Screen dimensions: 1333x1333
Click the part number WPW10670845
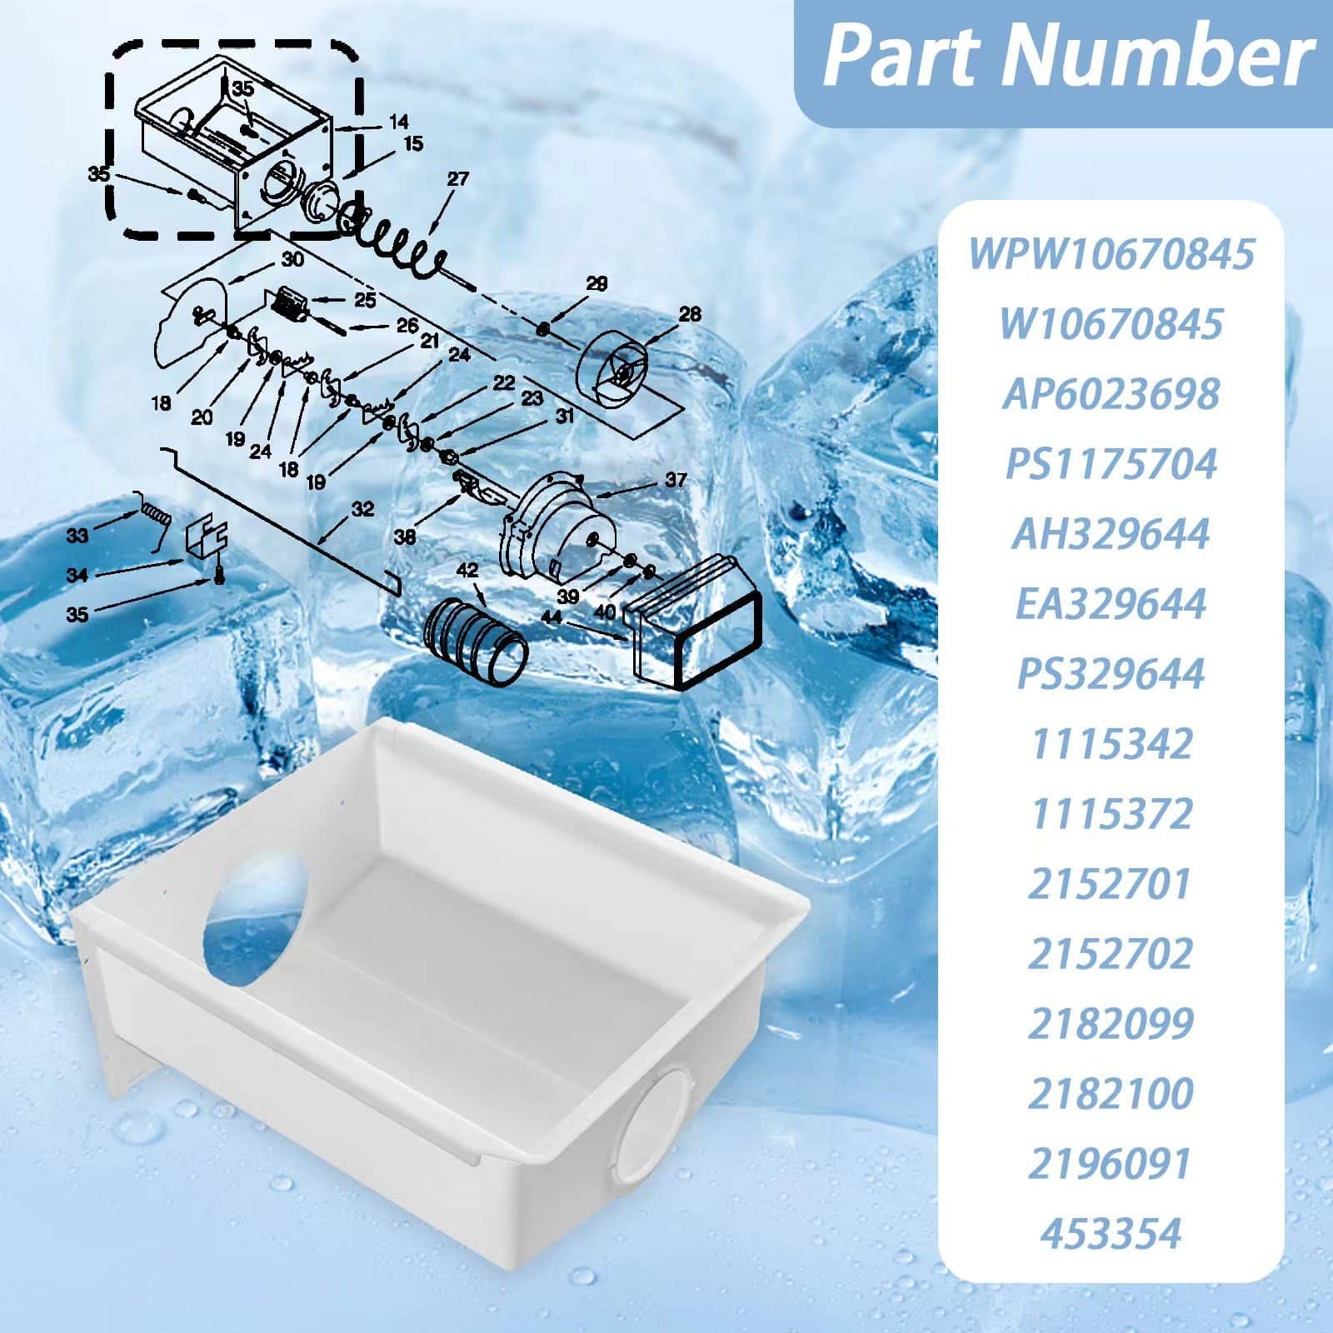click(1111, 253)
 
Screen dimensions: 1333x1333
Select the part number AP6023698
click(1111, 393)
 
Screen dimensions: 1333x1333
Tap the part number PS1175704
click(1111, 463)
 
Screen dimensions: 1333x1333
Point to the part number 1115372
click(1112, 813)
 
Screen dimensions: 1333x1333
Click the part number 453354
click(1111, 1233)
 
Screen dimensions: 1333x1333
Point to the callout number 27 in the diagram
click(457, 179)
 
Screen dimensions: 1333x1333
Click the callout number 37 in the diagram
click(676, 480)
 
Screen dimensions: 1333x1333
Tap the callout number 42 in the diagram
click(467, 570)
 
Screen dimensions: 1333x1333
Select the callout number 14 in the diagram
click(398, 123)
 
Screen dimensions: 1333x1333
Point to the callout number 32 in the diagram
click(362, 508)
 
